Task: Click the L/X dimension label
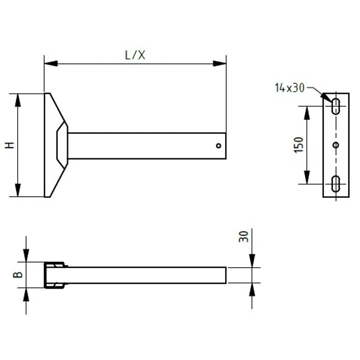pos(134,55)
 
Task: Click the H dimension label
pos(9,145)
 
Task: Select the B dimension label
pos(17,275)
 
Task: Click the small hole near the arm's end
pos(219,145)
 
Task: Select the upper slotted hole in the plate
pos(337,106)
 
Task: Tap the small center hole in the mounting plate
pos(336,145)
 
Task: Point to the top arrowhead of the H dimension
pos(18,100)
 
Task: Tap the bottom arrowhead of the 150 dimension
pos(307,178)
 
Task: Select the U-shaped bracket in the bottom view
pos(54,275)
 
